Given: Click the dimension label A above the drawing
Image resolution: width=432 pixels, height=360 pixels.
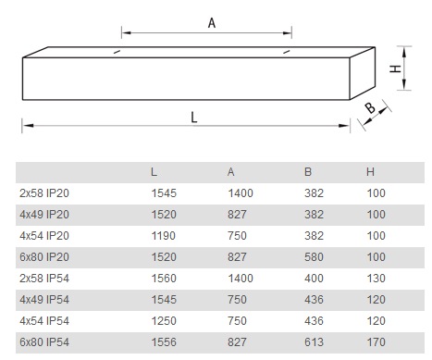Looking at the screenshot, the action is (212, 23).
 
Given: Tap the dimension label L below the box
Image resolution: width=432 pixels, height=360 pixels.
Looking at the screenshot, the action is (194, 118).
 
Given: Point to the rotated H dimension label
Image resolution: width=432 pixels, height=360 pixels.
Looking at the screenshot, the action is (395, 68).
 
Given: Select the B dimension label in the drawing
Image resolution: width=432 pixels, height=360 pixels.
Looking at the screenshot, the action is (370, 108).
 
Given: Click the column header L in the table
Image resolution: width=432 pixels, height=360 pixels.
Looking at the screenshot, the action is (154, 172).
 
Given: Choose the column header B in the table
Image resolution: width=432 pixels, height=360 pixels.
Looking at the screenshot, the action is (308, 172).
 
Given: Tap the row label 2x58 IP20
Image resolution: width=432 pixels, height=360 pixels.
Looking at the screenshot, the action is (44, 193).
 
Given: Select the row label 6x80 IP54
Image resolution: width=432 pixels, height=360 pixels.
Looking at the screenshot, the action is (44, 342).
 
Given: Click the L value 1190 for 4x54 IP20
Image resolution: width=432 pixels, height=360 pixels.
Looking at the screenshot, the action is (164, 236).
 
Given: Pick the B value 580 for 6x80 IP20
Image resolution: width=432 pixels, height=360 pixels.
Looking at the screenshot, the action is (314, 257).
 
